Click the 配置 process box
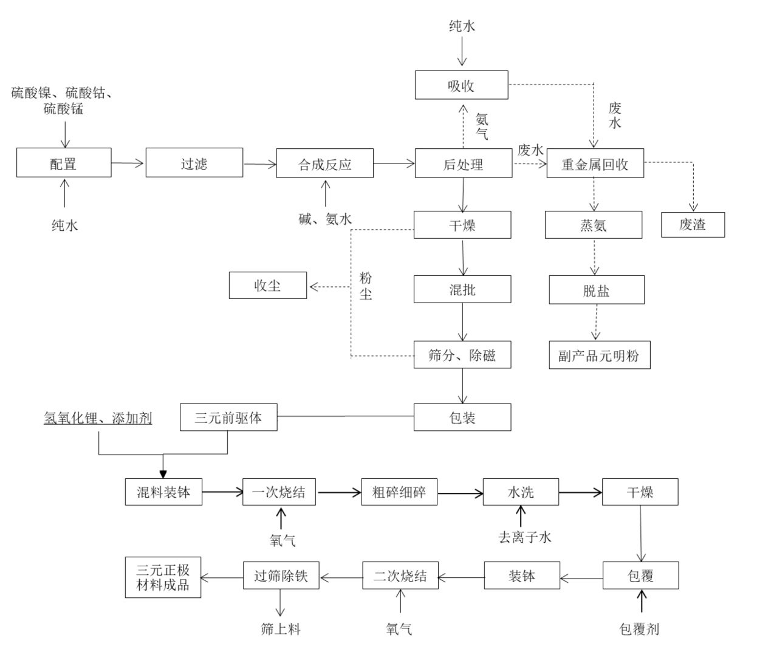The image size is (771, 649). pyautogui.click(x=64, y=163)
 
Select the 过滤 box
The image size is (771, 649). pyautogui.click(x=194, y=163)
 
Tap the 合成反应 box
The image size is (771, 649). pyautogui.click(x=324, y=163)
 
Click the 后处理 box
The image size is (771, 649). pyautogui.click(x=463, y=163)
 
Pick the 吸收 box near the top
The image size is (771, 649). pyautogui.click(x=461, y=85)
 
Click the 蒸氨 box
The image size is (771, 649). pyautogui.click(x=593, y=225)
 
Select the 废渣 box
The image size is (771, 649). pyautogui.click(x=693, y=224)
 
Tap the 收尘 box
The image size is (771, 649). pyautogui.click(x=267, y=285)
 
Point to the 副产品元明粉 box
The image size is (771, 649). pyautogui.click(x=598, y=355)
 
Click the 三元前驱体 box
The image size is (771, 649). pyautogui.click(x=228, y=417)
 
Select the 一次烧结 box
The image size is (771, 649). pyautogui.click(x=279, y=492)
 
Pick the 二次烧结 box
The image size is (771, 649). pyautogui.click(x=400, y=575)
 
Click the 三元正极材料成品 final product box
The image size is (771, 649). pyautogui.click(x=163, y=577)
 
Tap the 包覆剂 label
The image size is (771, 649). pyautogui.click(x=639, y=628)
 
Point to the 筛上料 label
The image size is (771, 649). pyautogui.click(x=280, y=628)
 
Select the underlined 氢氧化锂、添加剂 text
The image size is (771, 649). pyautogui.click(x=98, y=418)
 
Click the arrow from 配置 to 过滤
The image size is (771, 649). pyautogui.click(x=128, y=163)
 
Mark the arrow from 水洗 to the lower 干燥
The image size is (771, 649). pyautogui.click(x=580, y=492)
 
